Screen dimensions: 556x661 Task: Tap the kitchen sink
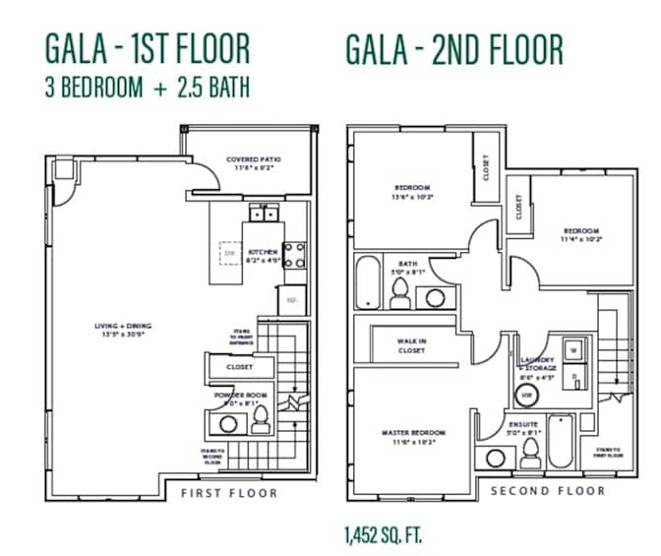[x=264, y=213]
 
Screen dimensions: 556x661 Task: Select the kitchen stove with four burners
[x=294, y=255]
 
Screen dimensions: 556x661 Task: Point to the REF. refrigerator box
[x=292, y=298]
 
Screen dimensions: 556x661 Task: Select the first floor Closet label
[x=239, y=367]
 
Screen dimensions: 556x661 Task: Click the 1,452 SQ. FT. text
[x=384, y=535]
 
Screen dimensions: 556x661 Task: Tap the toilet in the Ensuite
[x=529, y=451]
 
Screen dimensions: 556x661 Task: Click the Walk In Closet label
[x=411, y=345]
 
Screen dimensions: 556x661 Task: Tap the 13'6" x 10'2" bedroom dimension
[x=412, y=197]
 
